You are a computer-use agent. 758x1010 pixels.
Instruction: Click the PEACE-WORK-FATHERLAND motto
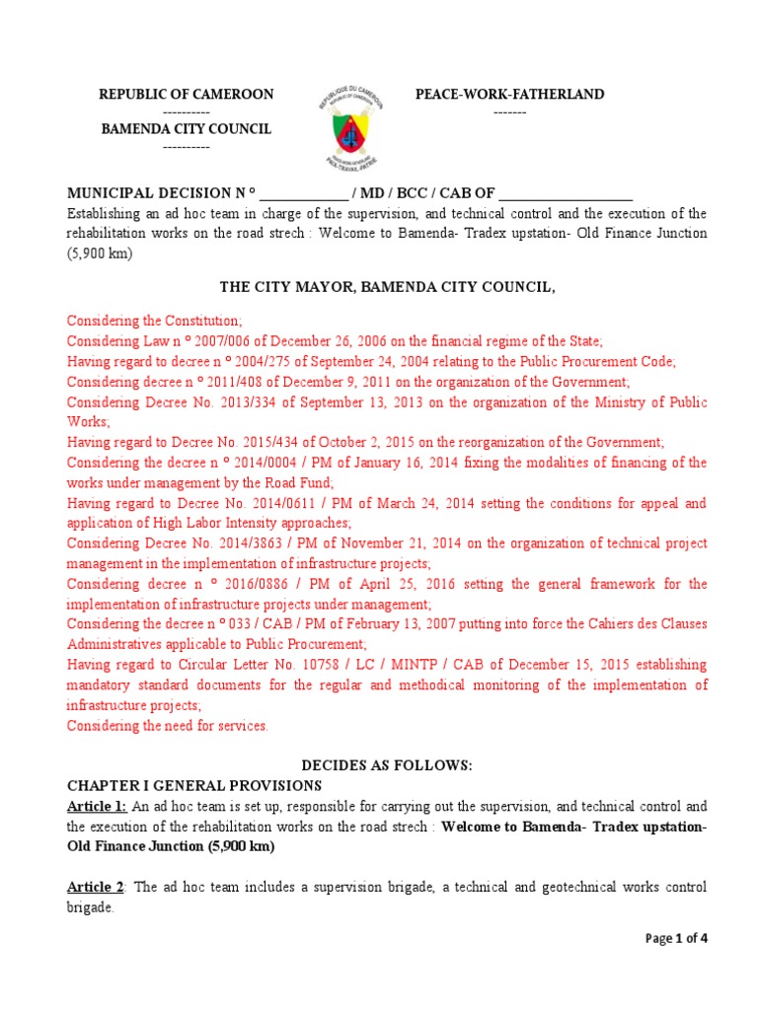click(509, 95)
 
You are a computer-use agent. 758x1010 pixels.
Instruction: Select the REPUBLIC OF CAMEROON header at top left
click(186, 95)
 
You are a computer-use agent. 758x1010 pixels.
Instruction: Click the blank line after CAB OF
click(566, 193)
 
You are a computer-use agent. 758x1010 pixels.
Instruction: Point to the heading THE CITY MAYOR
click(387, 287)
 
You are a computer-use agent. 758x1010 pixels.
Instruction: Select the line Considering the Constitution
click(153, 321)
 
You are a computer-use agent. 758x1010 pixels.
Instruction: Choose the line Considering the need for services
click(167, 726)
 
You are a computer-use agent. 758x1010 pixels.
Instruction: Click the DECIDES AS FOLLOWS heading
click(387, 765)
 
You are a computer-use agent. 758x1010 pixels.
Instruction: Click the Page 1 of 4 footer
click(676, 939)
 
